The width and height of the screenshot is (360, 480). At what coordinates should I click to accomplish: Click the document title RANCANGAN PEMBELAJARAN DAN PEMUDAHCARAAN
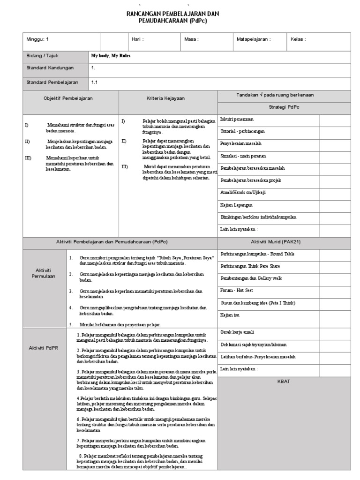(173, 18)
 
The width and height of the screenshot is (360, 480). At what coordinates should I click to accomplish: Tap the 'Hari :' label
(138, 39)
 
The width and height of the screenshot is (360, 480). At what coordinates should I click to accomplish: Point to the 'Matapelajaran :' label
(254, 39)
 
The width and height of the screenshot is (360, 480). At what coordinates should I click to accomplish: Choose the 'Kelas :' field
(298, 39)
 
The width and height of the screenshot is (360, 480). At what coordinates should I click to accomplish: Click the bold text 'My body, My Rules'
(111, 55)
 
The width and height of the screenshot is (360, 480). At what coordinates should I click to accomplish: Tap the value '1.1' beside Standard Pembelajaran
(95, 82)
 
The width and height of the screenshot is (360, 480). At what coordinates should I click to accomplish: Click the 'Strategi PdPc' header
(284, 107)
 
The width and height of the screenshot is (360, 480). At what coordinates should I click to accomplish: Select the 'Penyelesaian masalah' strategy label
(241, 144)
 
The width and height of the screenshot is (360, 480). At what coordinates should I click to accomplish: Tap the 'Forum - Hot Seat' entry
(237, 291)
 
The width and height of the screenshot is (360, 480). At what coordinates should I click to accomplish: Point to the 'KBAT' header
(284, 382)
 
